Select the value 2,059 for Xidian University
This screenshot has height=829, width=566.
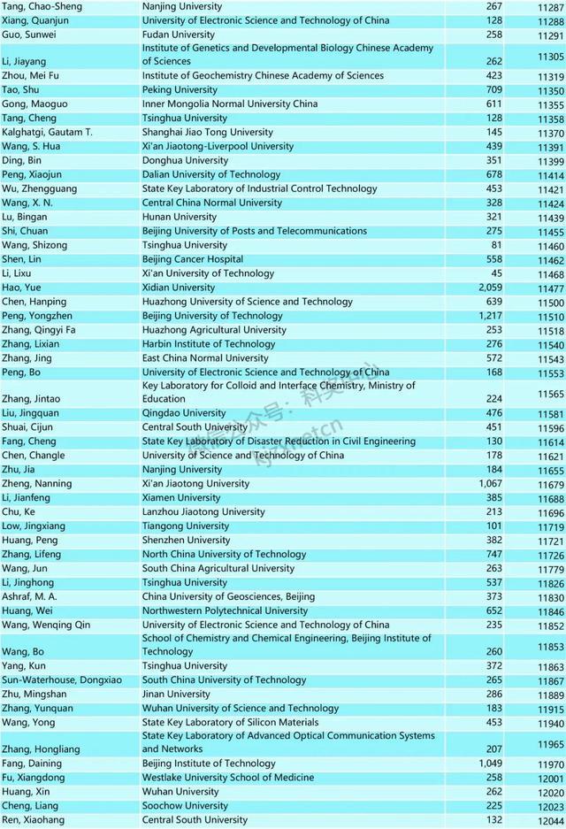(x=489, y=288)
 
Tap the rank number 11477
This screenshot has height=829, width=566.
(x=550, y=288)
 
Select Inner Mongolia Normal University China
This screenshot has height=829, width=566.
(x=230, y=104)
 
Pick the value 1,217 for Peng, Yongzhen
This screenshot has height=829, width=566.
(x=489, y=316)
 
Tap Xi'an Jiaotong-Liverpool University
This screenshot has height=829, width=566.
(x=218, y=146)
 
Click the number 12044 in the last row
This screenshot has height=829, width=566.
(x=550, y=820)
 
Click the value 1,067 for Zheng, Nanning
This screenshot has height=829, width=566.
(x=489, y=484)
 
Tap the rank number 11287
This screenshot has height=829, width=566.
(x=550, y=6)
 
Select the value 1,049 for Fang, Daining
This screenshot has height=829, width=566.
(x=489, y=764)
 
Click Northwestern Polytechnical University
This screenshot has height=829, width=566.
(x=225, y=610)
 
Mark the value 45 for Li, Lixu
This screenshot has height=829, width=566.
(x=496, y=273)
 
